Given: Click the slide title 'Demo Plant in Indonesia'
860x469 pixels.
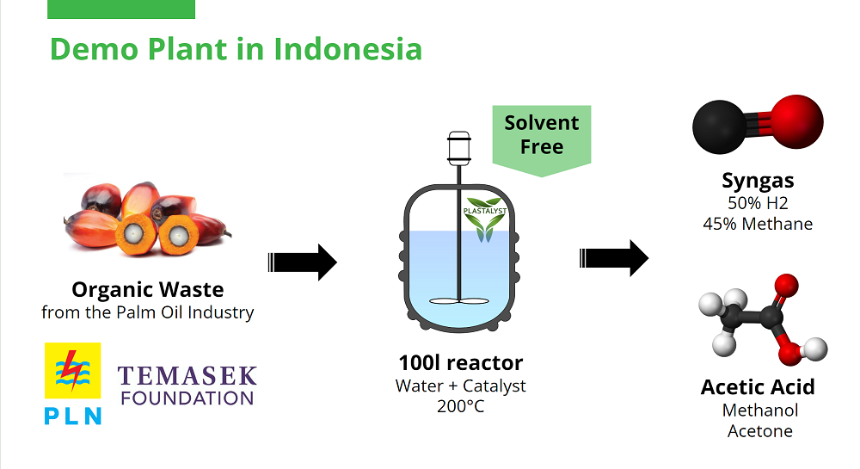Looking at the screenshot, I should pos(236,48).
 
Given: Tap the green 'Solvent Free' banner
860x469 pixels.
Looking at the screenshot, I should pos(541,135).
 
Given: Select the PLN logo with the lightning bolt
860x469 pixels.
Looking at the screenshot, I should pos(72,383).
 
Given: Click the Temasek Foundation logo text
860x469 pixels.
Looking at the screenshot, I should pos(187,386).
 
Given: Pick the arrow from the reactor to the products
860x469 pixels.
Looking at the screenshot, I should pos(613,258).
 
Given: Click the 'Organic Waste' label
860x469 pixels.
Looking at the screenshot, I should pos(147,289).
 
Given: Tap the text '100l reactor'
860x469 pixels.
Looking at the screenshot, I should pos(460,362).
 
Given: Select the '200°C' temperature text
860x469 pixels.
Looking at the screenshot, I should pos(460,405).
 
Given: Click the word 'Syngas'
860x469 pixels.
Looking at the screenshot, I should pos(758,181).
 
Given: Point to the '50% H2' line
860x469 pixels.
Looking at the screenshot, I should pos(758,203).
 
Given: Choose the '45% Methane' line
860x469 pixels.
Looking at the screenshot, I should pos(758,224).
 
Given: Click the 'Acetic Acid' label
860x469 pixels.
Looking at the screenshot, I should pos(758,387).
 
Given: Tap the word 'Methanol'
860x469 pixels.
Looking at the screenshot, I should pos(759,410).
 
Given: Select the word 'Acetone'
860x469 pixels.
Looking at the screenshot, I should pos(759,431).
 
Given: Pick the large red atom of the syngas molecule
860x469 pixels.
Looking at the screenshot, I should pos(796,119).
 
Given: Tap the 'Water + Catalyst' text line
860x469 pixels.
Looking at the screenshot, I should pos(460,386).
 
